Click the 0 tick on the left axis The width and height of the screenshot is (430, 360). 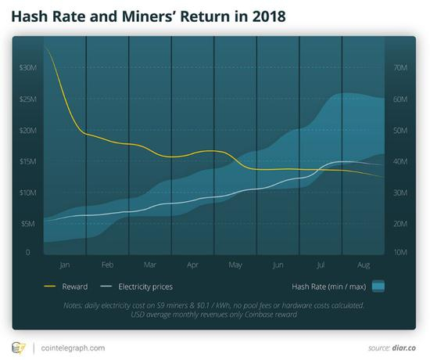pos(27,253)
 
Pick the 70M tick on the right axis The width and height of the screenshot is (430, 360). pos(400,68)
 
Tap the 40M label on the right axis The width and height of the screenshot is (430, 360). pos(400,161)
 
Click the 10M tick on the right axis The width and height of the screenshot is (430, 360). pos(400,253)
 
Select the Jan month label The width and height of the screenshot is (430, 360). pos(65,265)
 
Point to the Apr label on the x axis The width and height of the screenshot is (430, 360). pos(193,265)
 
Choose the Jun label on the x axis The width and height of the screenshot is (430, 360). pos(278,265)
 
